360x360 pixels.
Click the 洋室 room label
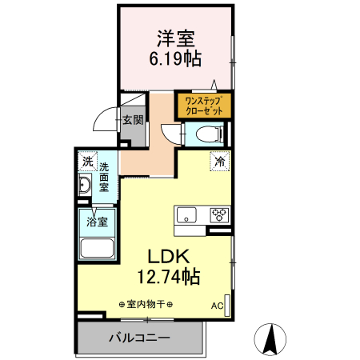178,38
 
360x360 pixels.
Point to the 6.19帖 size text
178,58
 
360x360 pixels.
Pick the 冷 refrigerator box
218,160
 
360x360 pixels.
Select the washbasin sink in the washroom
85,187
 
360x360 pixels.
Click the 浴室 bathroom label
98,218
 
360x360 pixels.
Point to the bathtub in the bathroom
98,247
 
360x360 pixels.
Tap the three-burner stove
218,214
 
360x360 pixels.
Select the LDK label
166,256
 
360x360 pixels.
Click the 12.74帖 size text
168,278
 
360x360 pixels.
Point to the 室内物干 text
146,304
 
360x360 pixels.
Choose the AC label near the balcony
217,306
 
